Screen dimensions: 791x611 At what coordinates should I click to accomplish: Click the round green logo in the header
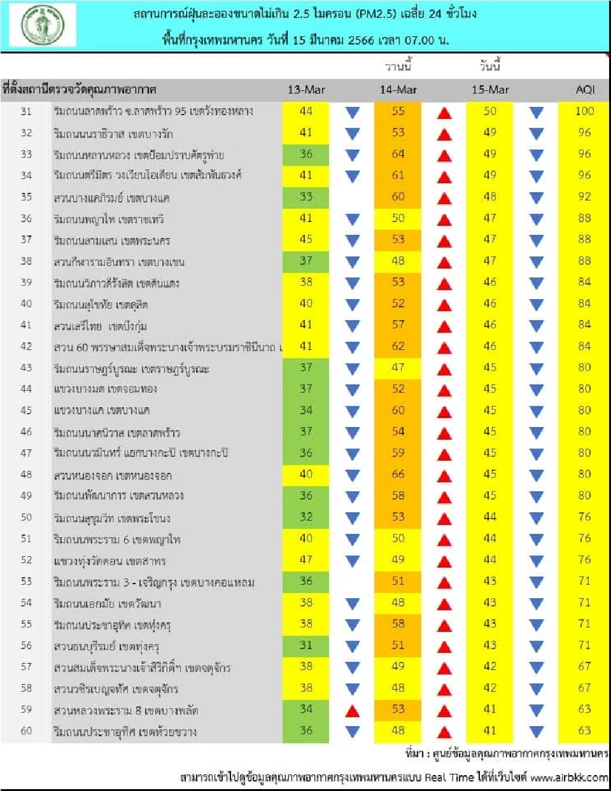[43, 25]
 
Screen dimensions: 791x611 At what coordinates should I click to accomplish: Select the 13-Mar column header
[306, 90]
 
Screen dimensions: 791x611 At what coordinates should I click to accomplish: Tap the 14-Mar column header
[398, 90]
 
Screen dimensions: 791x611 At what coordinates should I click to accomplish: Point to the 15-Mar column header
[490, 90]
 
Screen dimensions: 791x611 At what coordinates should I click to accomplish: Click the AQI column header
[585, 90]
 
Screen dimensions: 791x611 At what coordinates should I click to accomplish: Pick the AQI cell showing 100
[584, 111]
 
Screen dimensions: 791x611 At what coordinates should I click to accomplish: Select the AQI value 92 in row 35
[584, 197]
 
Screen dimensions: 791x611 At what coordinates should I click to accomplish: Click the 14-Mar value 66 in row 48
[398, 474]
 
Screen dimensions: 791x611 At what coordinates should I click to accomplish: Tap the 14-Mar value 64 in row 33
[398, 154]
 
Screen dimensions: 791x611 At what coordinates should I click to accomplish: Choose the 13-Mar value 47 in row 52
[306, 559]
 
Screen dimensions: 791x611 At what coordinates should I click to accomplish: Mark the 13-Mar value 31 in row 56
[306, 645]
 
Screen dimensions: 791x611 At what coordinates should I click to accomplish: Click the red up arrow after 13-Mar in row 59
[352, 711]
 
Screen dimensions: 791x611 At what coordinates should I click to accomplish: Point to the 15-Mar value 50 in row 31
[490, 111]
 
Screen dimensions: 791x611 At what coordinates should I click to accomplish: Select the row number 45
[26, 410]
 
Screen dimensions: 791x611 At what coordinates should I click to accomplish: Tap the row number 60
[26, 731]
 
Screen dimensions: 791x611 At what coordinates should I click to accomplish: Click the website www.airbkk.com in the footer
[569, 778]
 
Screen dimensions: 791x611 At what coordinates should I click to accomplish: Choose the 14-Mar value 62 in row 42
[398, 346]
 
